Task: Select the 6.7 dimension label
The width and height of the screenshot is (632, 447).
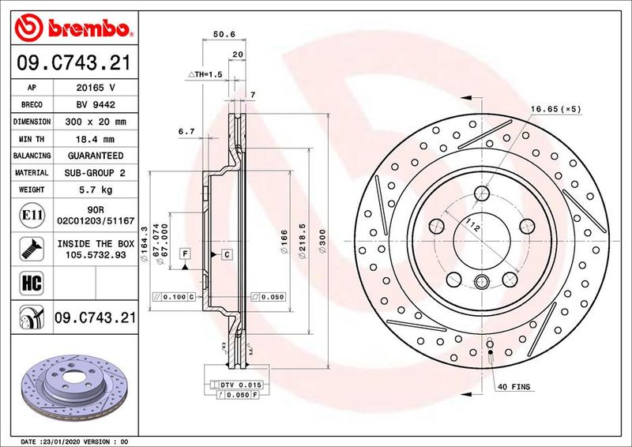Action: pyautogui.click(x=186, y=131)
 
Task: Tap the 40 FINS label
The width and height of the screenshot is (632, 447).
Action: pyautogui.click(x=514, y=387)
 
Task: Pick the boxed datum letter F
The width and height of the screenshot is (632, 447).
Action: pyautogui.click(x=185, y=254)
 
